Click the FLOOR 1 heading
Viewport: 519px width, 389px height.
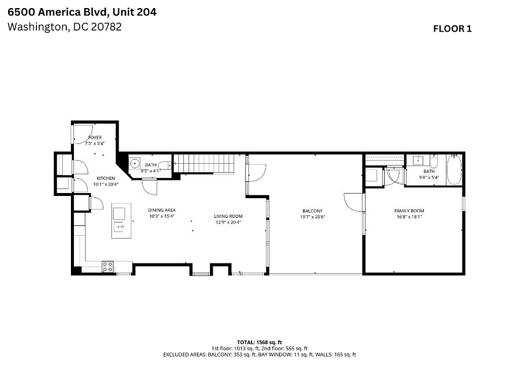coord(452,29)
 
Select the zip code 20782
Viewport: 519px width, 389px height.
coord(106,27)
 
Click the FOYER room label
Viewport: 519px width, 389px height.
coord(95,137)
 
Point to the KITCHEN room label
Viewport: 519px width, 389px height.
coord(106,178)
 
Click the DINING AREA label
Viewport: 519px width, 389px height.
coord(162,210)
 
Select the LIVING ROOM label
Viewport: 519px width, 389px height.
coord(228,216)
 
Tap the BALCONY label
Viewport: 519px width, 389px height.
coord(313,211)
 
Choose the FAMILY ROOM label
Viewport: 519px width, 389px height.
coord(409,211)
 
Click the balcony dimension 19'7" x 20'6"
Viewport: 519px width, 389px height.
coord(313,217)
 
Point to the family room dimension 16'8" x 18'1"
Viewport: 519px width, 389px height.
coord(409,217)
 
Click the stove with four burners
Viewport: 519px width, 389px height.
coord(108,267)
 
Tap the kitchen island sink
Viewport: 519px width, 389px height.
coord(119,227)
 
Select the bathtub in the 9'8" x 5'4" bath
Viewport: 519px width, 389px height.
coord(454,169)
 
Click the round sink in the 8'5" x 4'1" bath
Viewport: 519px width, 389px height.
coord(134,164)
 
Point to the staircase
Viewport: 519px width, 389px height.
coord(204,164)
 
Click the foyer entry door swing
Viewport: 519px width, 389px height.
coord(82,134)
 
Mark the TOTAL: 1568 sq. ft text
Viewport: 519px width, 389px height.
coord(259,342)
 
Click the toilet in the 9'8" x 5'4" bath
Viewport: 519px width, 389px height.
coord(434,161)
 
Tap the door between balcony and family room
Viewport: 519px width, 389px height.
coord(354,202)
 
